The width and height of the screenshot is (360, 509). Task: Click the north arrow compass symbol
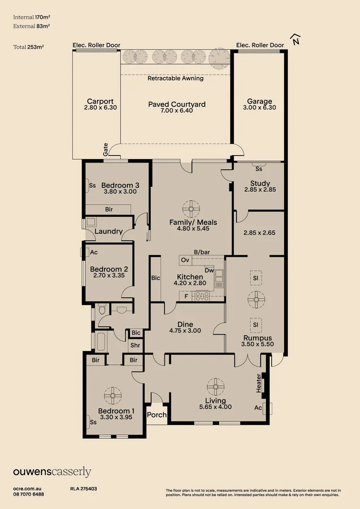coord(295,41)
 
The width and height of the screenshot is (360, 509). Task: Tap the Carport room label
coord(100,101)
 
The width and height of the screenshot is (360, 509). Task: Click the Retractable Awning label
coord(176,79)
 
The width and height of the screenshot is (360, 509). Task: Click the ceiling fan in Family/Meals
coord(191,209)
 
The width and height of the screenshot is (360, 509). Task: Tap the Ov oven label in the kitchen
coord(185,260)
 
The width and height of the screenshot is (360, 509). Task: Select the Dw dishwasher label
coord(209,270)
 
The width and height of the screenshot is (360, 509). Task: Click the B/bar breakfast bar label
coord(202,252)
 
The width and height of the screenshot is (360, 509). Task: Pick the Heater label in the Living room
coord(258,383)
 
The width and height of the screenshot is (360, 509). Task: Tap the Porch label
coord(157,415)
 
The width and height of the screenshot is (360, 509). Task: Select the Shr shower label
coord(135,345)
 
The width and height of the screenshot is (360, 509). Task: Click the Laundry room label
coord(109,231)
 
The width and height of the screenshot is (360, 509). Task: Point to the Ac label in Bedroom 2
coord(94,252)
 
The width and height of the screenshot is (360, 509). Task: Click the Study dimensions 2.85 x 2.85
coord(260,189)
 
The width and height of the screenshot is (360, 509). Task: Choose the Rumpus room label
coord(257,338)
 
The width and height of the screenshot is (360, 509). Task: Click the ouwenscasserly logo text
coord(52,472)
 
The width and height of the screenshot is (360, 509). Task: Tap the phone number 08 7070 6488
coord(29,494)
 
